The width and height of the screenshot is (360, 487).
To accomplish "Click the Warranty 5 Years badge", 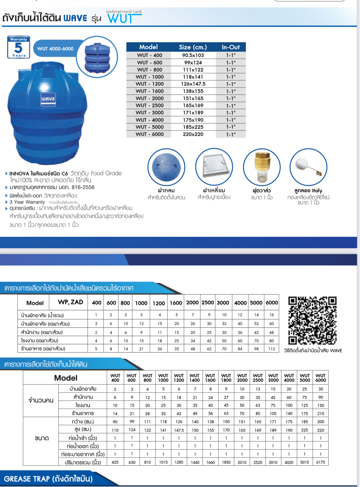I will [19, 47].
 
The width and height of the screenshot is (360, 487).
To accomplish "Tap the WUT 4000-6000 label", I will [55, 49].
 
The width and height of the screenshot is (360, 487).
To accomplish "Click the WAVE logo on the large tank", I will [48, 99].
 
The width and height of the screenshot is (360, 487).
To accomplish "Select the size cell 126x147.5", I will [193, 84].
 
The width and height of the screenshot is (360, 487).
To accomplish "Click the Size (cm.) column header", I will [193, 47].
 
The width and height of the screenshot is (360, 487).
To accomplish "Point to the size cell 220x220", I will [193, 134].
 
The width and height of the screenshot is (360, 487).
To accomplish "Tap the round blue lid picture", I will [166, 167].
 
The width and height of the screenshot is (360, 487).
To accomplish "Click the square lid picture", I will [214, 167].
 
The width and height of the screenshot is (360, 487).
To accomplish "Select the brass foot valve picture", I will [261, 167].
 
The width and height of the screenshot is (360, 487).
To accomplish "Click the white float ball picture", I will [308, 167].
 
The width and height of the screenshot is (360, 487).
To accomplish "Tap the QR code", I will [312, 320].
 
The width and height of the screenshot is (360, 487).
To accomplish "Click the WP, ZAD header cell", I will [70, 302].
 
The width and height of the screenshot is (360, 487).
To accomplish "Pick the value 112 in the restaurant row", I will [272, 349].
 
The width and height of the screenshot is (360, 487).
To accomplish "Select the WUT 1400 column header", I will [194, 378].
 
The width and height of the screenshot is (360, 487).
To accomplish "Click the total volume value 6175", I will [321, 462].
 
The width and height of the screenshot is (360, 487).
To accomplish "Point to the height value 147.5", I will [179, 430].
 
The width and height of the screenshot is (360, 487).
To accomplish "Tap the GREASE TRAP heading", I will [48, 479].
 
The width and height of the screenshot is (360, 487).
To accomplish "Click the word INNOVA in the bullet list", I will [19, 174].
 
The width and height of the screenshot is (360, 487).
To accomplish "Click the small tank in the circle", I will [97, 57].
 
